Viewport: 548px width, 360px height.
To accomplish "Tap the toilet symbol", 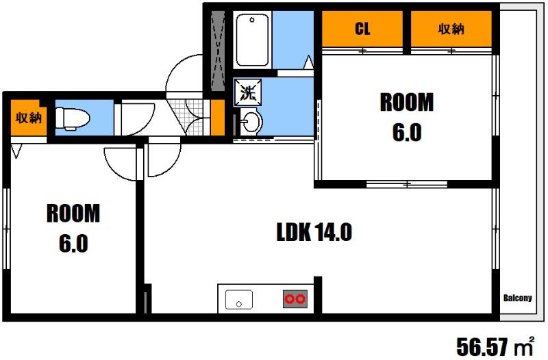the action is [73, 118].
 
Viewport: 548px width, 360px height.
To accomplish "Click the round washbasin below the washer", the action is [251, 122].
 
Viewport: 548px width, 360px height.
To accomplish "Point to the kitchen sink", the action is [239, 300].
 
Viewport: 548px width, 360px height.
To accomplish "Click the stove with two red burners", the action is [295, 299].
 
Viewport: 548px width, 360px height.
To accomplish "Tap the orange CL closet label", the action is [362, 29].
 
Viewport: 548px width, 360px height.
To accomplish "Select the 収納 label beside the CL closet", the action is [451, 29].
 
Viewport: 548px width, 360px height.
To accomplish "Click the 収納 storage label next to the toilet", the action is [28, 118].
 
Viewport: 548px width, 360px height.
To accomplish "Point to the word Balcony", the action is [518, 298].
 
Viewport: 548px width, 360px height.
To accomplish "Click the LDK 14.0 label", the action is [314, 232].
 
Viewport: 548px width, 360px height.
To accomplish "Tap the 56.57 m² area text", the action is [495, 346].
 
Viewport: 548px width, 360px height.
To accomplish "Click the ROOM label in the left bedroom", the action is [73, 214].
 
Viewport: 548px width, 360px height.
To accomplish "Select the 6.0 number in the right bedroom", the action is [407, 133].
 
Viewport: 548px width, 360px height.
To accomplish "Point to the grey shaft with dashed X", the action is [219, 51].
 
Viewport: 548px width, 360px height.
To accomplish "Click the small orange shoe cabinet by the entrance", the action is [217, 117].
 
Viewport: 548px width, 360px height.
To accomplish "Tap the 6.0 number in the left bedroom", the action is [73, 244].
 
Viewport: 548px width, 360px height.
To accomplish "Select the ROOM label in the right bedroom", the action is [407, 102].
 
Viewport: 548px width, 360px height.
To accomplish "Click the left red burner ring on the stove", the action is [290, 299].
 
